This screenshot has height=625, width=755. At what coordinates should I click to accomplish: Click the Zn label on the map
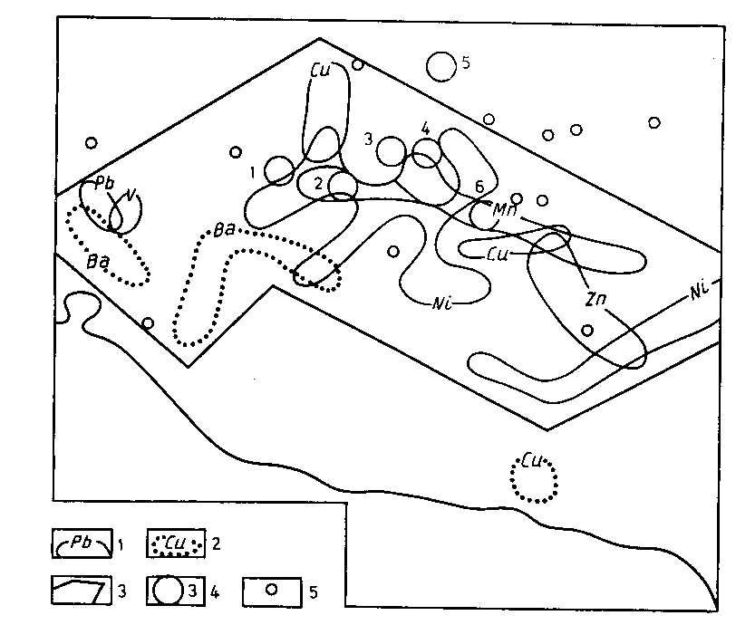(x=595, y=300)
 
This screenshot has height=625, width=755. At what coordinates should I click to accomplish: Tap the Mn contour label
(x=505, y=210)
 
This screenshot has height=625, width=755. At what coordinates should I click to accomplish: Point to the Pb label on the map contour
(x=105, y=183)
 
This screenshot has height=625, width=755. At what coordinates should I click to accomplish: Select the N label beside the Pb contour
(x=131, y=195)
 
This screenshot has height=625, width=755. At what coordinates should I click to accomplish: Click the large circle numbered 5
(x=441, y=66)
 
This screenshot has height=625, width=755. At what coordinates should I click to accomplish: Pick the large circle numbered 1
(x=279, y=170)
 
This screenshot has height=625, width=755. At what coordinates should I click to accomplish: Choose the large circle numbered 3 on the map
(x=391, y=151)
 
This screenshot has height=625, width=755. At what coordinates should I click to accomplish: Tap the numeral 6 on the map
(x=479, y=187)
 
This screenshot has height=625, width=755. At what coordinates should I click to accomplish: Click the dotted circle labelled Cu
(x=534, y=478)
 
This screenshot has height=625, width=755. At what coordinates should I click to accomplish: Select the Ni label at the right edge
(x=699, y=291)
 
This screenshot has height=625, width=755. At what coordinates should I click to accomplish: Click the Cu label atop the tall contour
(x=321, y=71)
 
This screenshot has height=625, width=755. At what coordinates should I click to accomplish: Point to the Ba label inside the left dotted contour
(x=98, y=262)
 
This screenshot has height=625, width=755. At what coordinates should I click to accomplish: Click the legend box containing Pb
(x=82, y=543)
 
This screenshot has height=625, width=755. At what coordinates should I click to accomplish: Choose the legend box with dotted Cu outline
(x=176, y=543)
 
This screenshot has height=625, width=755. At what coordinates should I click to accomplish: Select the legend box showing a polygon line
(x=82, y=591)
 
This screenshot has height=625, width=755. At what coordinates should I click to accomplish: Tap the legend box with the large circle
(x=176, y=591)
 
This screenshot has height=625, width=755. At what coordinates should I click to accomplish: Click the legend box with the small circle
(x=272, y=591)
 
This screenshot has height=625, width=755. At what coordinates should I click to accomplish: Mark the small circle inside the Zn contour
(x=587, y=330)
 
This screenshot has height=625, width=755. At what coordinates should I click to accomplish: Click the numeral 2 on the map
(x=318, y=183)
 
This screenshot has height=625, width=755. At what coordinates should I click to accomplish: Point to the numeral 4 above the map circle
(x=426, y=129)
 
